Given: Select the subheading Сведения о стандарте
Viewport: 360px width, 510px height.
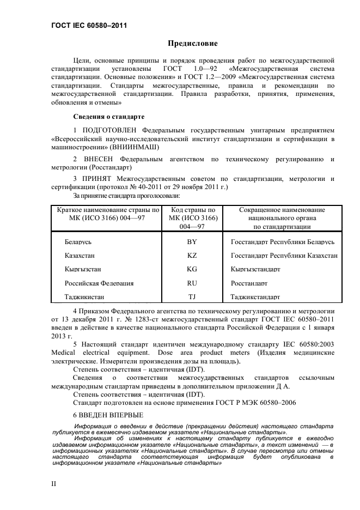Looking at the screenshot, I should point(108,117).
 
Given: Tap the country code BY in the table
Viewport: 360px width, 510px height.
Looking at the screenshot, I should point(192,241).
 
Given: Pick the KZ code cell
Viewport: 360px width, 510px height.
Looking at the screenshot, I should point(192,255).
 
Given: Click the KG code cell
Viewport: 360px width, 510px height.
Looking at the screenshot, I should point(192,269).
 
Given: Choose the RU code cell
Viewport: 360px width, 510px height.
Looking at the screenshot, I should point(192,283).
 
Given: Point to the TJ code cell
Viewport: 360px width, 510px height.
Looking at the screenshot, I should point(192,297).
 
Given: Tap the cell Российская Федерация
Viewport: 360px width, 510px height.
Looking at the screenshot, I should point(99,283).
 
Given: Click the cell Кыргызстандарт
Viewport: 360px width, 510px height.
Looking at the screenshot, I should point(255,269).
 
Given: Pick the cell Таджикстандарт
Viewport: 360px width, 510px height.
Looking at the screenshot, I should point(255,297).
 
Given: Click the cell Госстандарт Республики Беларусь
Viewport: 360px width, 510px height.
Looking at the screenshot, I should point(283,241).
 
